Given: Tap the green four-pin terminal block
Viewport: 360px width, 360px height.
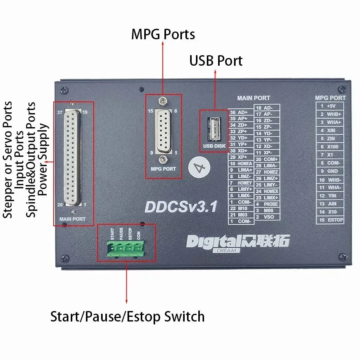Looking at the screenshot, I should coord(126,248).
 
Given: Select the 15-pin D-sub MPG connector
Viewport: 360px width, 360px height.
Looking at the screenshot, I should coord(164,132).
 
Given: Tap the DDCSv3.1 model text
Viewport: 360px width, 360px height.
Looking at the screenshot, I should coord(180,206).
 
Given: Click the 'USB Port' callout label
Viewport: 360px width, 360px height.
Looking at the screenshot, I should coord(216,61).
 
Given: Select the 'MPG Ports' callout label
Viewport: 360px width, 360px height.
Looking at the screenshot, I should coord(163,35).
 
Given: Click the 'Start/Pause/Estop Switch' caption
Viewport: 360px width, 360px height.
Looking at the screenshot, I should coord(128,316).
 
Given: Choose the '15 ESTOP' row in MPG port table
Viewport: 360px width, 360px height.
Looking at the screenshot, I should coord(330,220).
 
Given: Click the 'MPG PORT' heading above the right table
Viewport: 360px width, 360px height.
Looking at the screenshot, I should coord(330,98).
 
